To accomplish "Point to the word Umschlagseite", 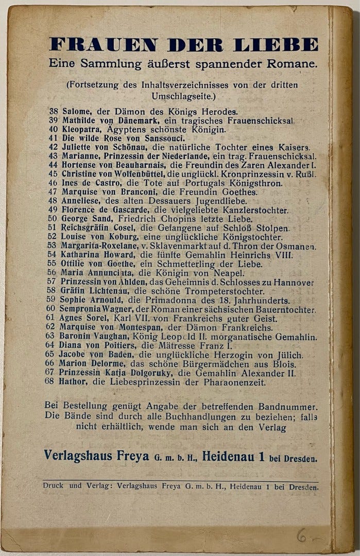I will coord(164,96).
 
